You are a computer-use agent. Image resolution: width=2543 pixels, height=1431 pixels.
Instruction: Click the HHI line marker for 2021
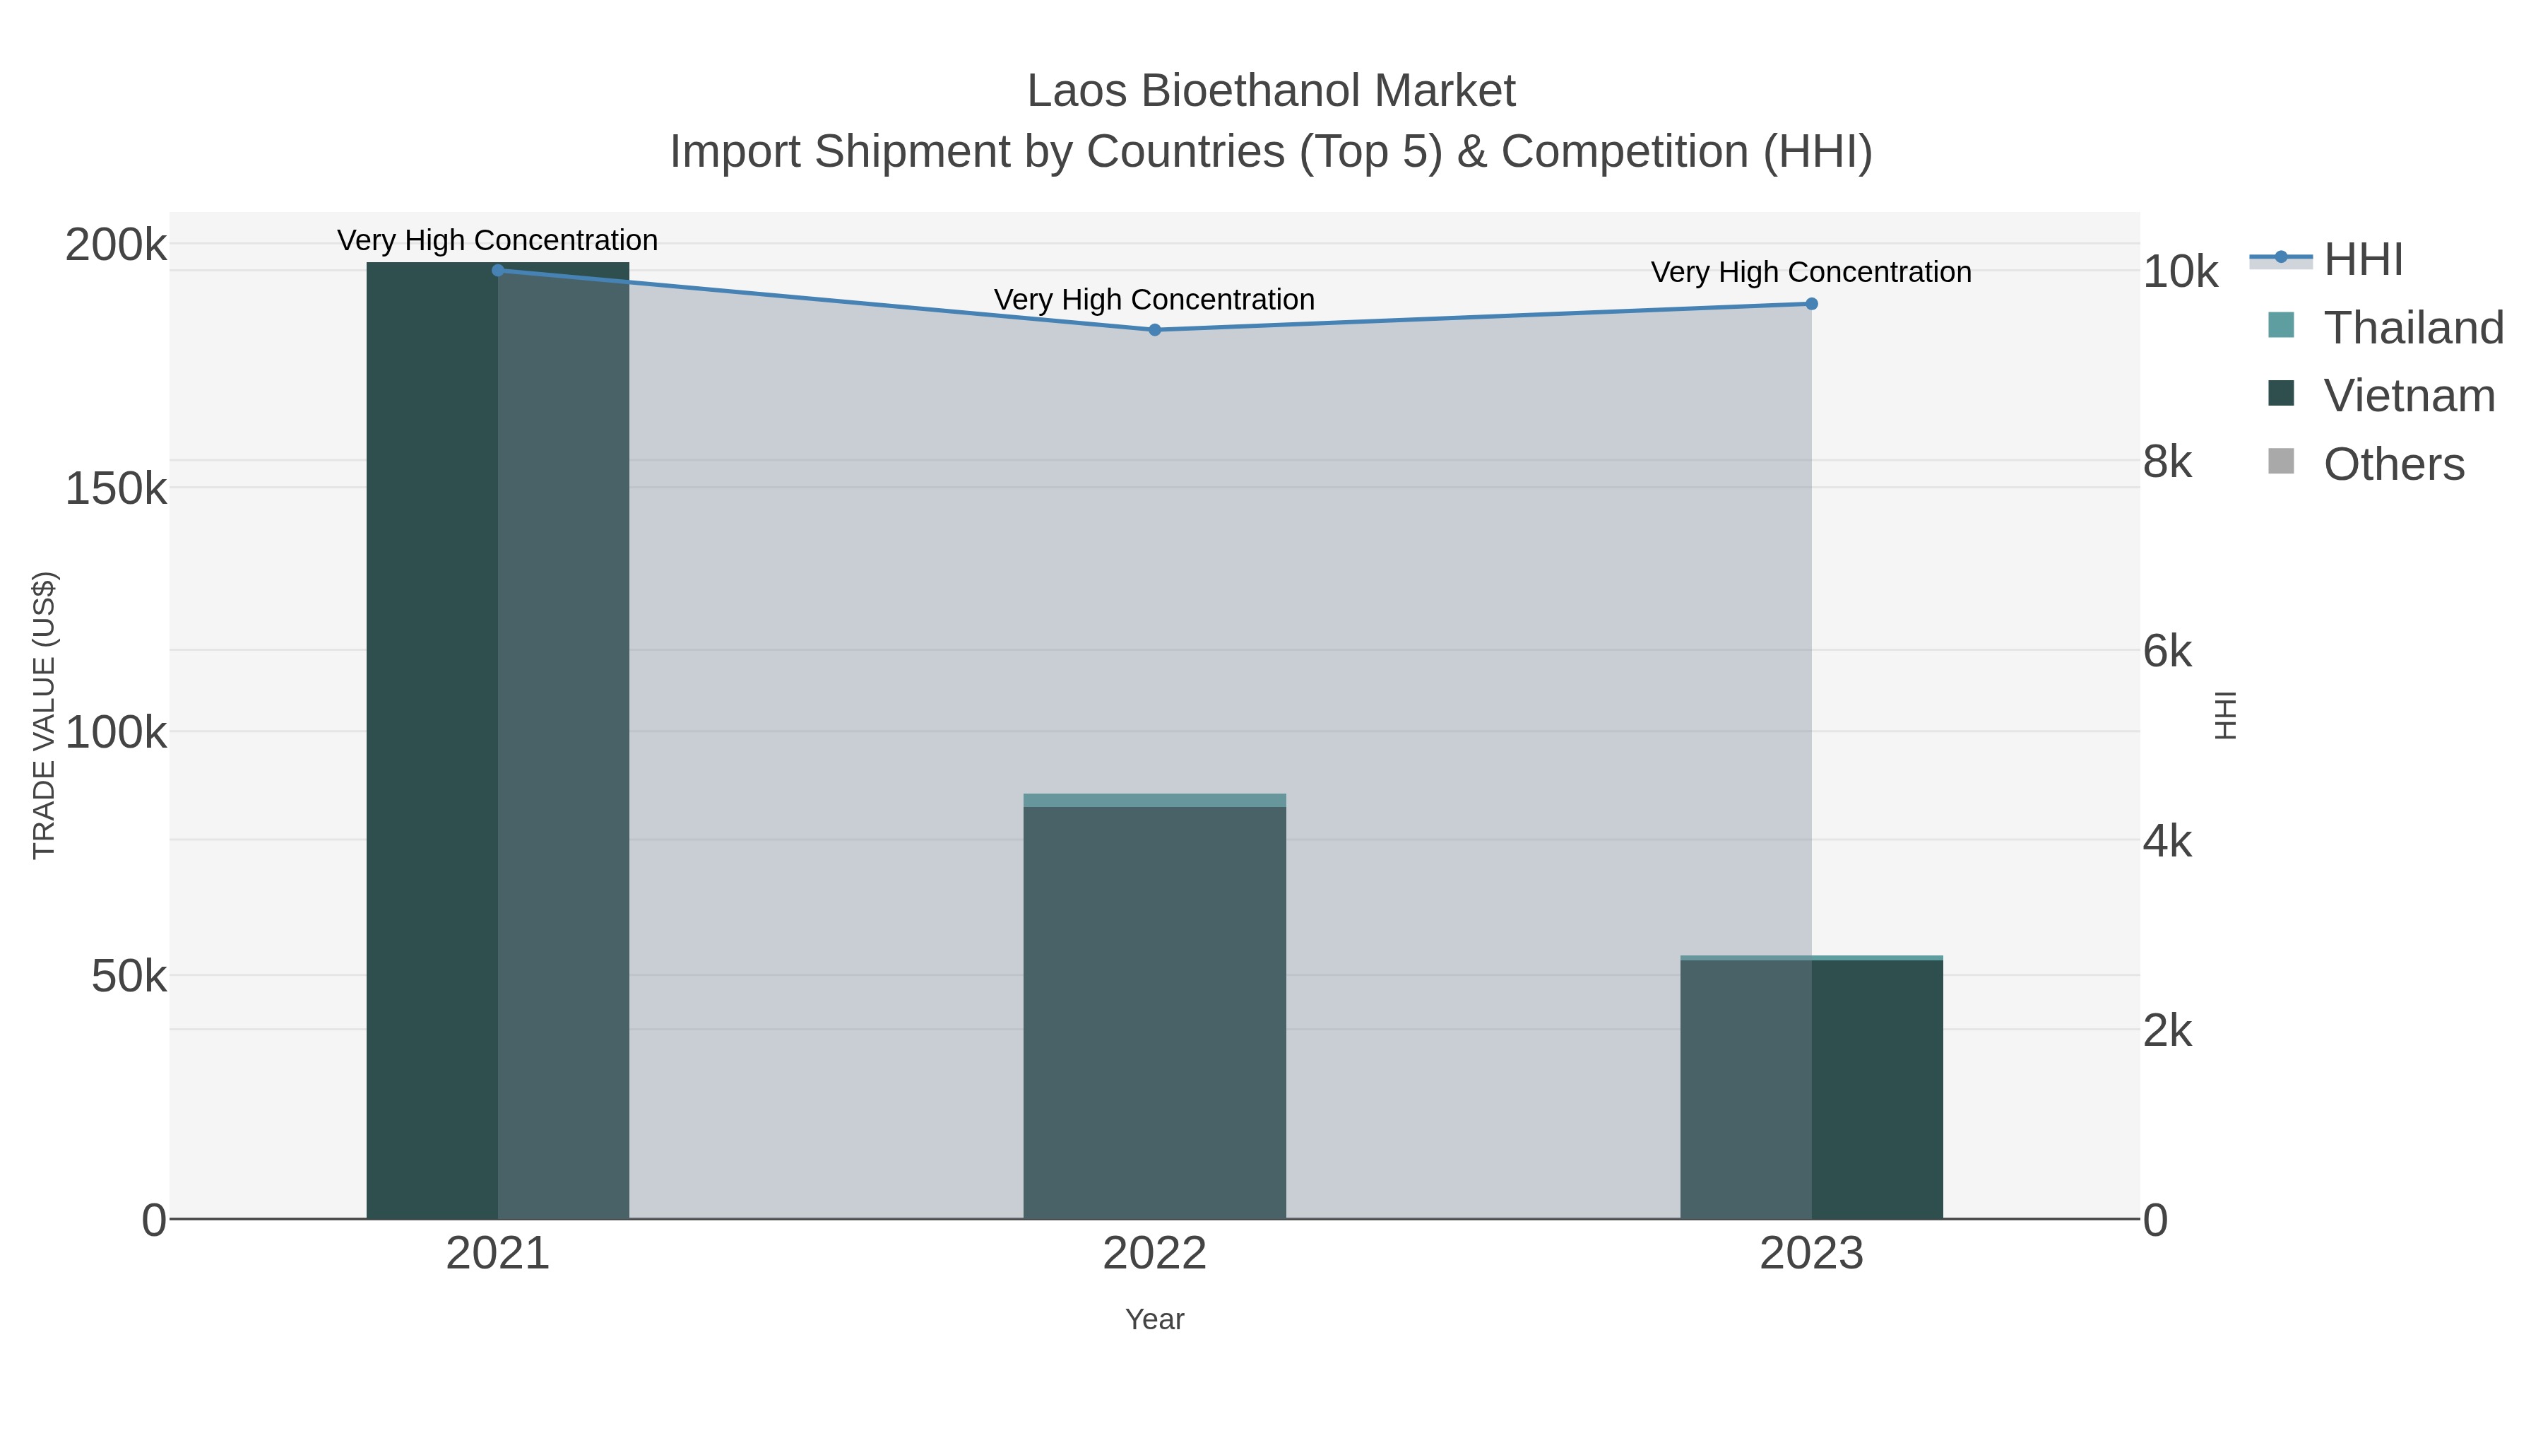point(497,270)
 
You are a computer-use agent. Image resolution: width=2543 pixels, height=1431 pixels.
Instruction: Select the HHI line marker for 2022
point(1154,330)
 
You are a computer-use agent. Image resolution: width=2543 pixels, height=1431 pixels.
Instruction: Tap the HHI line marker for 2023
point(1811,304)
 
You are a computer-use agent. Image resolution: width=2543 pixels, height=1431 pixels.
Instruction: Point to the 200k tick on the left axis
point(117,245)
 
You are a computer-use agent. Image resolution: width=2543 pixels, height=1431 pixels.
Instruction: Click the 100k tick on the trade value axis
point(117,733)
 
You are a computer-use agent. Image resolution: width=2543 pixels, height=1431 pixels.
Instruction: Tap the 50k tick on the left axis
point(129,977)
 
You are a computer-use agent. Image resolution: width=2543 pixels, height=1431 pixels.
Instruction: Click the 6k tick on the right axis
point(2167,652)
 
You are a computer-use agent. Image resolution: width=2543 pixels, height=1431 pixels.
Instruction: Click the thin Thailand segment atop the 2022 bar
point(1154,800)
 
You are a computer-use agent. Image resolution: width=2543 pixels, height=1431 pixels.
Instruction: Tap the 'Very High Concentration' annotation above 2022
point(1154,299)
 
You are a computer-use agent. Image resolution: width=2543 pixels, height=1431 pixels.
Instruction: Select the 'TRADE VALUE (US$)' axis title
point(45,715)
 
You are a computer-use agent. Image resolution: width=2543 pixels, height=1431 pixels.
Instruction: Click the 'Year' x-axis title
point(1154,1319)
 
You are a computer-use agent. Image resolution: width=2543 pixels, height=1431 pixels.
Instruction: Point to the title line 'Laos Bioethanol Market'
point(1271,91)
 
